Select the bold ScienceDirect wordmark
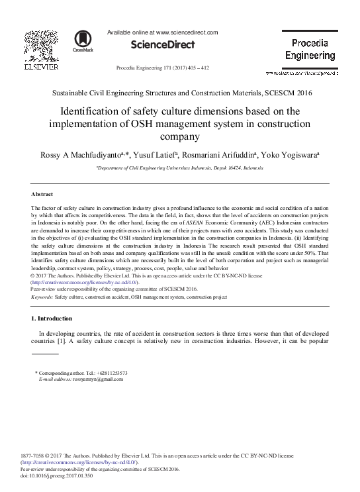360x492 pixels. [x=163, y=45]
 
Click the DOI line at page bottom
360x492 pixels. [x=58, y=475]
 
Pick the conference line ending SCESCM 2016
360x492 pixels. [x=180, y=93]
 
